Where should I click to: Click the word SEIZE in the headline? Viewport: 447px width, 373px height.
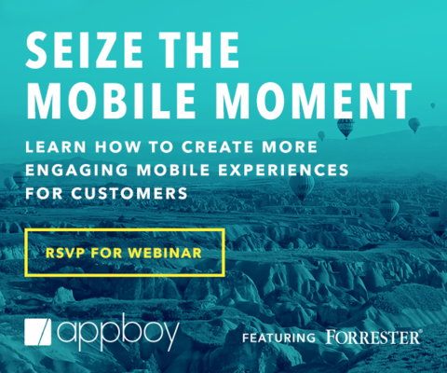pyautogui.click(x=84, y=49)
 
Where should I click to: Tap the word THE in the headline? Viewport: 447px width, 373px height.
pyautogui.click(x=199, y=49)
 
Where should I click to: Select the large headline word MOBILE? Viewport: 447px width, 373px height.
pyautogui.click(x=111, y=101)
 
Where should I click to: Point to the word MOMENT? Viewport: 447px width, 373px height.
pyautogui.click(x=314, y=101)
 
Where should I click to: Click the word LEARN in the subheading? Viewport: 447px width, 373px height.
pyautogui.click(x=56, y=146)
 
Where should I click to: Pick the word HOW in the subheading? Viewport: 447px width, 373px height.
pyautogui.click(x=118, y=146)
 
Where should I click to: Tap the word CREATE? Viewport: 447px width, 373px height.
pyautogui.click(x=217, y=146)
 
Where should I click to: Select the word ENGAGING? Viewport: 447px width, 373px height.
pyautogui.click(x=76, y=170)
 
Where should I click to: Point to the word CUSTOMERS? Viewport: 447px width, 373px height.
pyautogui.click(x=129, y=193)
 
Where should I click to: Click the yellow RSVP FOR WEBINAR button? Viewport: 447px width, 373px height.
pyautogui.click(x=125, y=253)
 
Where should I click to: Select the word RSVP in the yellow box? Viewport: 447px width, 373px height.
pyautogui.click(x=65, y=253)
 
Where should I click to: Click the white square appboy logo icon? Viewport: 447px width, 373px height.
pyautogui.click(x=38, y=332)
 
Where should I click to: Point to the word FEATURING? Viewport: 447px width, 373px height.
pyautogui.click(x=278, y=338)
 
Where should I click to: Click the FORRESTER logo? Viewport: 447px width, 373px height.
pyautogui.click(x=372, y=337)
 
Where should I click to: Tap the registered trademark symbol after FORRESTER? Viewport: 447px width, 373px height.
pyautogui.click(x=420, y=331)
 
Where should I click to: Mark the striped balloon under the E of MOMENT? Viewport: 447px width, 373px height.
pyautogui.click(x=345, y=128)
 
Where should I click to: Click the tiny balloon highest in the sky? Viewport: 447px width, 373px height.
pyautogui.click(x=433, y=105)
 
